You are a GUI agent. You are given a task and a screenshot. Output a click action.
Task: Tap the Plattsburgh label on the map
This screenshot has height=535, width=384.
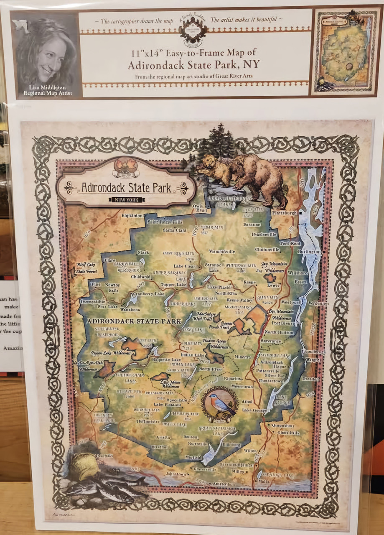[x=284, y=213]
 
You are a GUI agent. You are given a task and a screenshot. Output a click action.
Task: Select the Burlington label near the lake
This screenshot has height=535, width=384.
[x=310, y=252]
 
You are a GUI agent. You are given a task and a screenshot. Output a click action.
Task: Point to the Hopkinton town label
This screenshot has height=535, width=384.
[x=132, y=215]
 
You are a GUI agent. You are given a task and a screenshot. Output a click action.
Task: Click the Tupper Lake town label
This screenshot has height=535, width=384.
[x=175, y=285]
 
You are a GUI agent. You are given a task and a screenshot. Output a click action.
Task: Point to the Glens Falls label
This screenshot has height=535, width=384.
[x=288, y=433]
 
